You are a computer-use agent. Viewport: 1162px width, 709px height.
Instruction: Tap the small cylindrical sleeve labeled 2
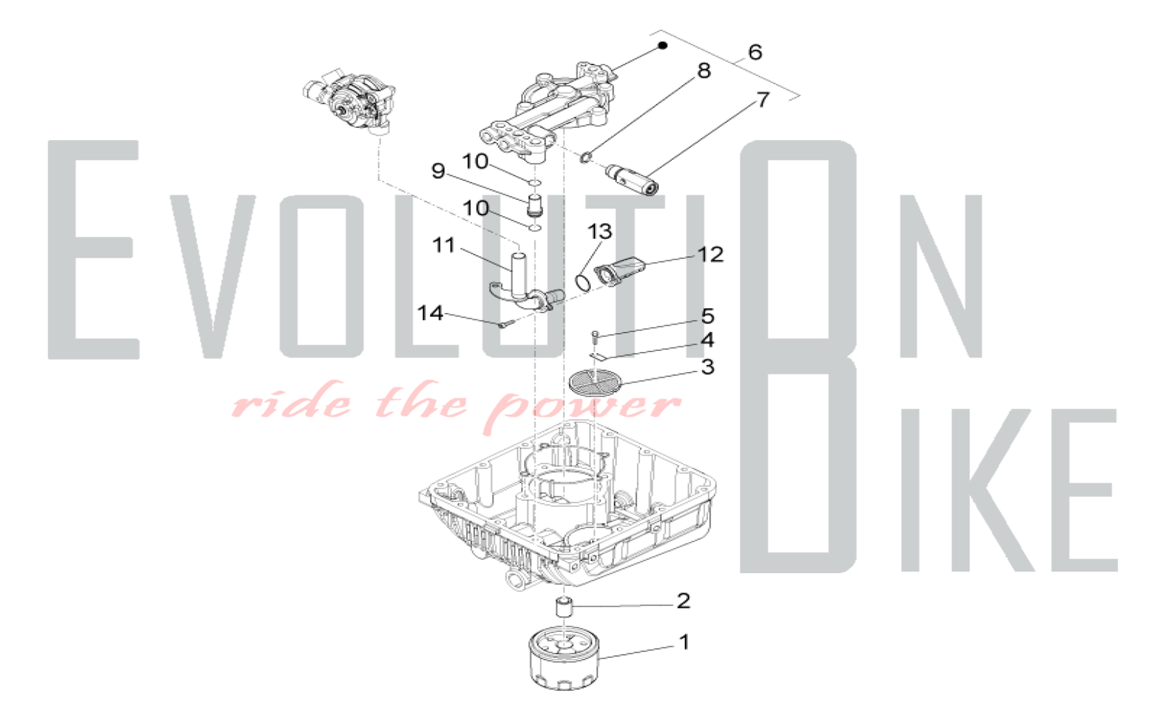[x=562, y=607]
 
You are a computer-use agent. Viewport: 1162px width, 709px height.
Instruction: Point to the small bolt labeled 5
[x=594, y=335]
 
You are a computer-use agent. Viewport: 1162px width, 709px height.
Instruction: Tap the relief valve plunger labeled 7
[x=632, y=180]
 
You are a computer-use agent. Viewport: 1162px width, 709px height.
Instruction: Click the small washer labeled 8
[x=586, y=157]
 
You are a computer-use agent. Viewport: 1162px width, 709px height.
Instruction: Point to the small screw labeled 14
[x=504, y=325]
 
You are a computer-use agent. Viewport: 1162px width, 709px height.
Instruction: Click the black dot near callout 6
[x=662, y=45]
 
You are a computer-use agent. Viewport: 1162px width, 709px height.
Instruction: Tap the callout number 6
[x=755, y=52]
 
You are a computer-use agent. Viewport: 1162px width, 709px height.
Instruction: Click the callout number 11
[x=444, y=245]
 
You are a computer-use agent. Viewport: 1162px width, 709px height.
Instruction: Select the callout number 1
[x=684, y=642]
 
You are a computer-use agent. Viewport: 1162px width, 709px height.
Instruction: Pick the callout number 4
[x=707, y=340]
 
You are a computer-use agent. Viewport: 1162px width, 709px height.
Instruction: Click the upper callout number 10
[x=475, y=162]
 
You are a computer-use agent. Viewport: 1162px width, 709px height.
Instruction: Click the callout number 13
[x=600, y=232]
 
